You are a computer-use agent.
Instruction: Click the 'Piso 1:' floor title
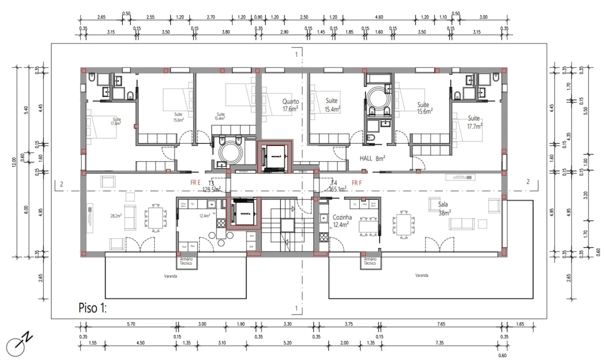(92, 307)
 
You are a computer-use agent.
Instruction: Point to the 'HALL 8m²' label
(372, 158)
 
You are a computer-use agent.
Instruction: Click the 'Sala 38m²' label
(443, 208)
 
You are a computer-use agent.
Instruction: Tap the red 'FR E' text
(195, 182)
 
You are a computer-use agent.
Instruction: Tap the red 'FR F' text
(356, 182)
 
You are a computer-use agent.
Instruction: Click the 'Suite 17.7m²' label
(473, 122)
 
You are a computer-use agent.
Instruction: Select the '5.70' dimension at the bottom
(131, 324)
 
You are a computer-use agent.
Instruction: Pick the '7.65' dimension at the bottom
(440, 324)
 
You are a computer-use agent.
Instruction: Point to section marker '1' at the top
(296, 54)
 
